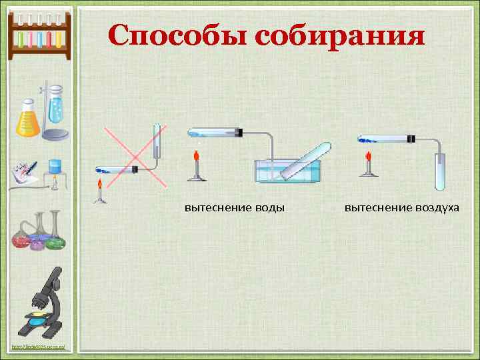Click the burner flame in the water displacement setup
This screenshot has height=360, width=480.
(196, 158)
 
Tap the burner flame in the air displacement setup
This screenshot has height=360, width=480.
(367, 158)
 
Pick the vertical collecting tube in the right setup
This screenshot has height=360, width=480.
(440, 171)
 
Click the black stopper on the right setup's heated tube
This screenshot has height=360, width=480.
(411, 139)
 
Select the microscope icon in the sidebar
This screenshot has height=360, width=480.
(44, 303)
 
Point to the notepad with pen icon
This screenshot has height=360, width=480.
(24, 173)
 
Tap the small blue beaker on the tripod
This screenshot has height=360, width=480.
(55, 167)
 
